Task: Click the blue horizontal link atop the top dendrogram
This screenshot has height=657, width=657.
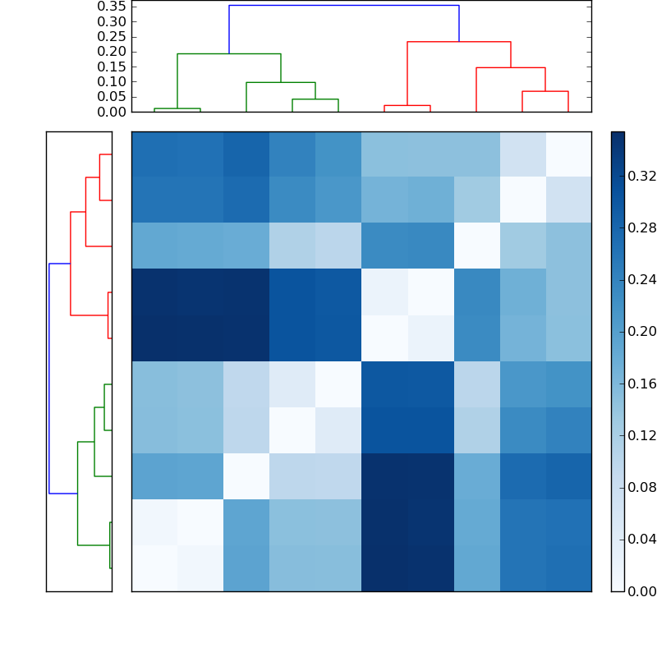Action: pos(343,5)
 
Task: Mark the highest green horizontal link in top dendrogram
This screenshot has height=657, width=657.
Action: pos(229,53)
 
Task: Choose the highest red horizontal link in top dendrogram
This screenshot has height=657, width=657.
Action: pos(459,41)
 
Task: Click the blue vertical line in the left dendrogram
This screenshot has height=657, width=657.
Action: pos(49,378)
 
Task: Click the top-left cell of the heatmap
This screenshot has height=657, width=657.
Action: pos(154,154)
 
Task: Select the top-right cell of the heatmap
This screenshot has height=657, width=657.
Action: pos(568,154)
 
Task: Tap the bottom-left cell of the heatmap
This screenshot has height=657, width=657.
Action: pos(154,568)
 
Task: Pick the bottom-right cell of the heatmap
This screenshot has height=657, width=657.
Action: pos(568,568)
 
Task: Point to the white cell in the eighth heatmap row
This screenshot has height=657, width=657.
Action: pos(246,476)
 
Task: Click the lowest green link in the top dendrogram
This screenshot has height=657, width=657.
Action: pos(177,108)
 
